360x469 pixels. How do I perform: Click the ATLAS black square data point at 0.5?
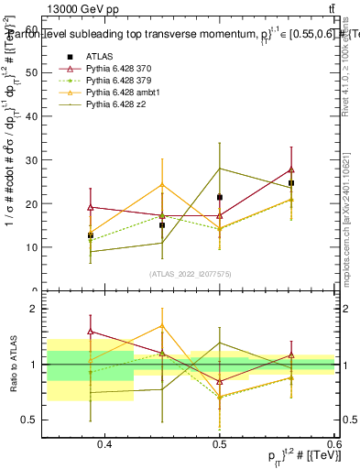[x=219, y=197]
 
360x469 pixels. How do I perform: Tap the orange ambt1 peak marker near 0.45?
[x=162, y=184]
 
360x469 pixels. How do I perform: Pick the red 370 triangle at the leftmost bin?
[x=90, y=207]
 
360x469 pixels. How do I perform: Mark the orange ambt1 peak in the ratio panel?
[x=162, y=325]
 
